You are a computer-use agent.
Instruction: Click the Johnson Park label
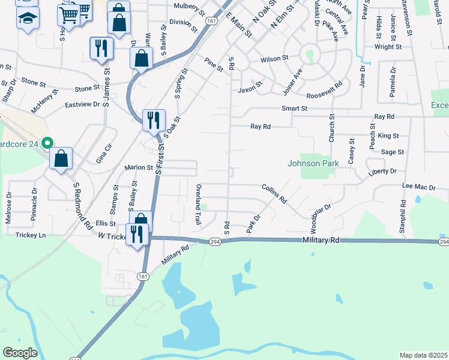click(x=313, y=163)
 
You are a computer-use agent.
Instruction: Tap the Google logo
click(x=20, y=353)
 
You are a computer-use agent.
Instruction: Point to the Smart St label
click(x=294, y=109)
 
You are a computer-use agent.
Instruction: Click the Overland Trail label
click(x=198, y=205)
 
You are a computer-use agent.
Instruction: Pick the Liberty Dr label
click(x=382, y=172)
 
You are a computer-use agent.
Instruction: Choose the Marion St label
click(x=139, y=168)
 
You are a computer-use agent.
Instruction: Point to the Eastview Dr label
click(x=82, y=104)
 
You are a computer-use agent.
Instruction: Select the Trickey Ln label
click(x=31, y=235)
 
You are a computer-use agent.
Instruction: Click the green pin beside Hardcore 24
click(x=45, y=143)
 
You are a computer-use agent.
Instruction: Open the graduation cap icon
click(x=27, y=19)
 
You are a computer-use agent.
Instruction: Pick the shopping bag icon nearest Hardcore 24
click(x=62, y=159)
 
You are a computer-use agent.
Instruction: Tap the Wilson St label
click(x=274, y=59)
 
